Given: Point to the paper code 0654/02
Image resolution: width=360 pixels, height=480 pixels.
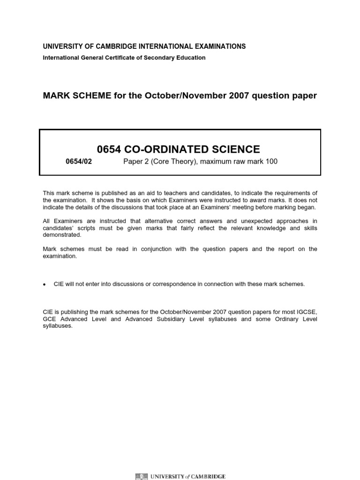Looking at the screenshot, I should (78, 162).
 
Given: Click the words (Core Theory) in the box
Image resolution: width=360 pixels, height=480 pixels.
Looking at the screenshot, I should (166, 162).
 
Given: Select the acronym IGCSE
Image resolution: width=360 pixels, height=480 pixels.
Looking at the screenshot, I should (307, 312).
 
